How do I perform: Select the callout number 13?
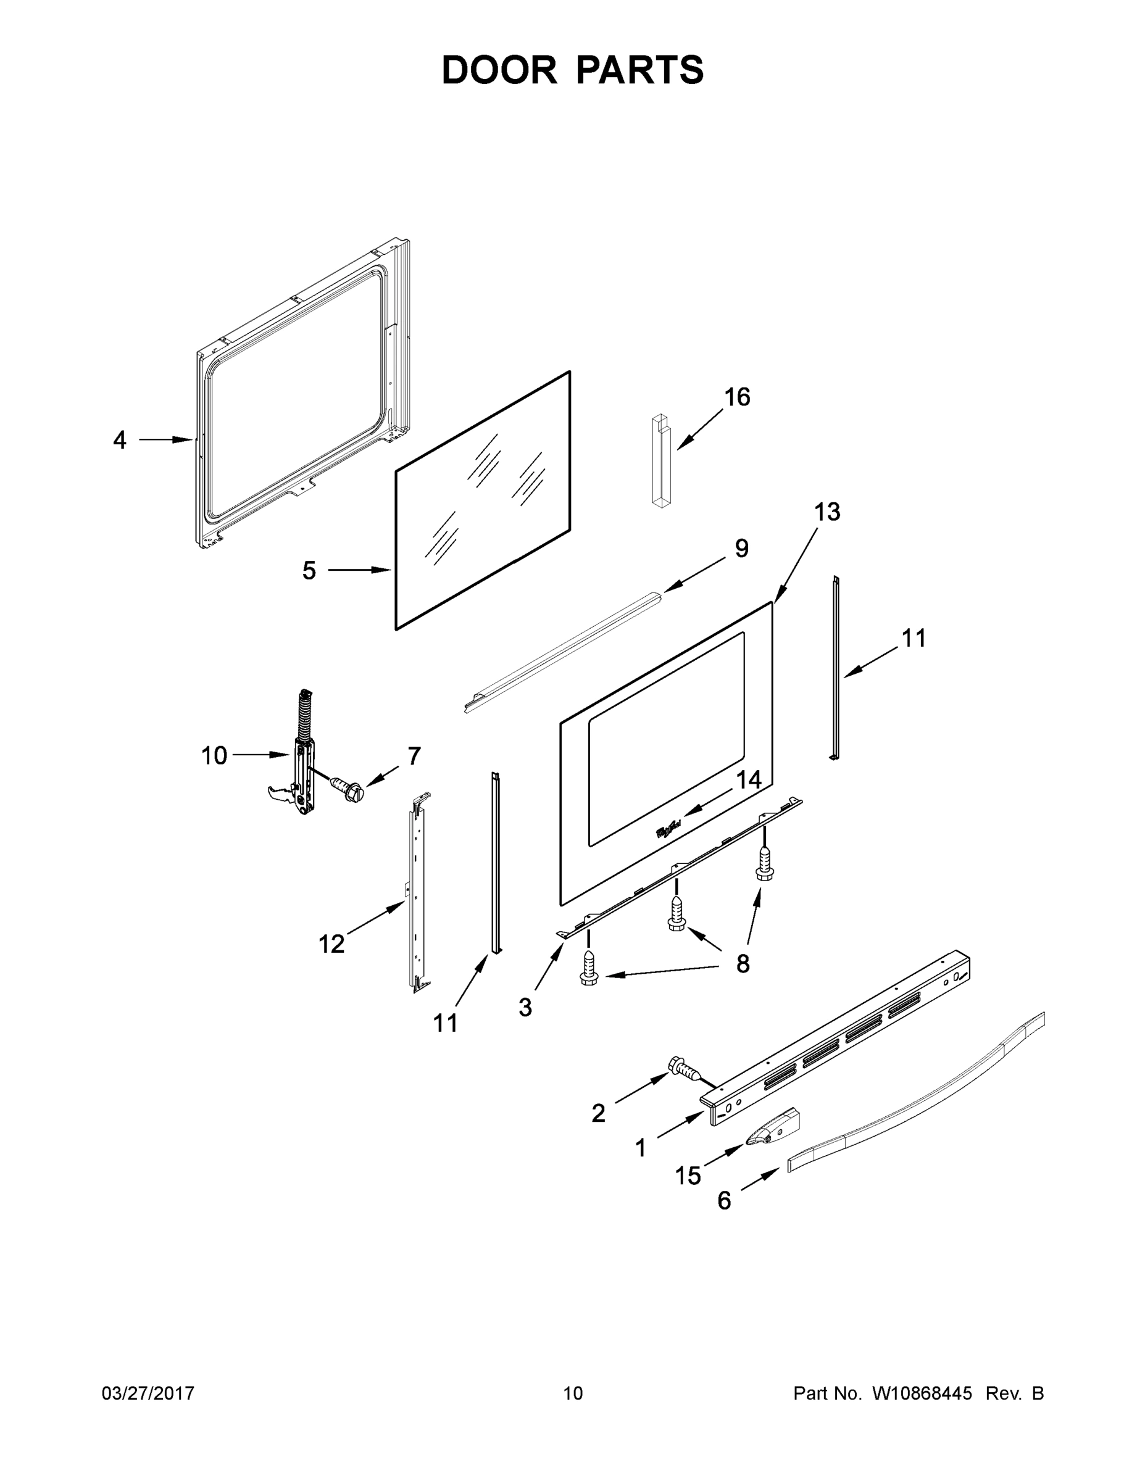tap(827, 512)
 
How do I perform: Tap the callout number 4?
tap(119, 440)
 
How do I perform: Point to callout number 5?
tap(309, 570)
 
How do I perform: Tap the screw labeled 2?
tap(683, 1068)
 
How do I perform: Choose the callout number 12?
tap(331, 944)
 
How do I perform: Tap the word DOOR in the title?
tap(499, 70)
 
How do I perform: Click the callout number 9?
tap(741, 549)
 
